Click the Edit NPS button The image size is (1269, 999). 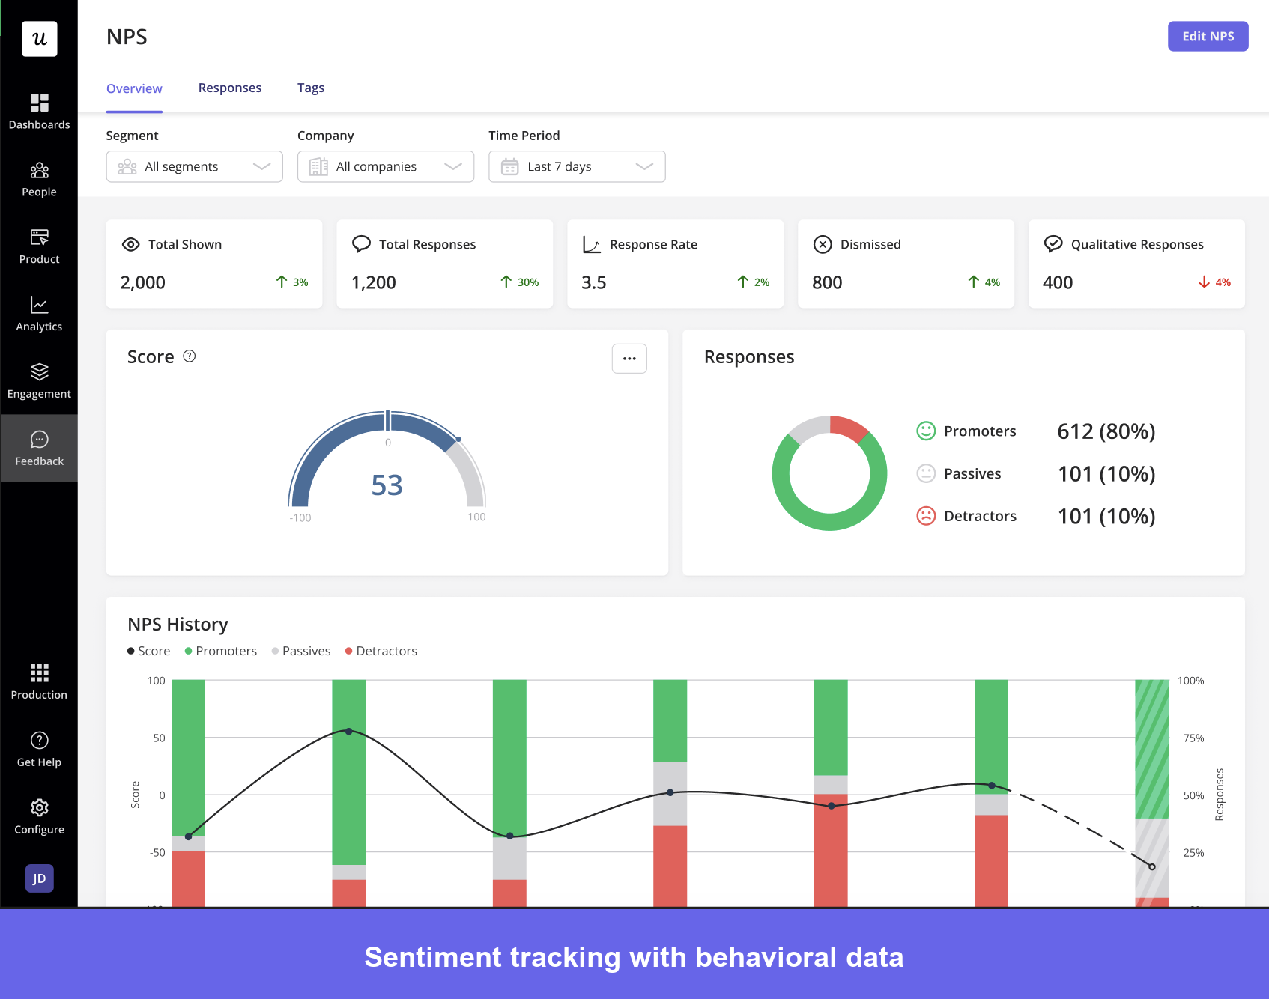pos(1208,36)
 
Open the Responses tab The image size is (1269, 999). pos(229,88)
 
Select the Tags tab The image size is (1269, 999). pos(310,88)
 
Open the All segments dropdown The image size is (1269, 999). pos(194,166)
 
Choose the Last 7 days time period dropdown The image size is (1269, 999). pos(576,166)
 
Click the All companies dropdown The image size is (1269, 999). pos(385,166)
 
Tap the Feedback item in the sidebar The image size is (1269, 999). pos(39,448)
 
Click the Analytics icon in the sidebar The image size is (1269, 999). pos(39,305)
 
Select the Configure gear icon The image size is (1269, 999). pos(39,807)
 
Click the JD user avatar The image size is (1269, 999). pos(39,878)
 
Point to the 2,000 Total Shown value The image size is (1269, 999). pos(142,282)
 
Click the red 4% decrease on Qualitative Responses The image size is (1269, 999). pos(1214,282)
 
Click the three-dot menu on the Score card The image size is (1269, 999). pos(629,359)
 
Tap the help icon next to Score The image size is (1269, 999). pos(190,356)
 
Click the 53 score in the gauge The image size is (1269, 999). pos(387,485)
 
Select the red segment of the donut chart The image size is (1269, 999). pos(849,428)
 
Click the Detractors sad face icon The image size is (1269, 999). pos(926,516)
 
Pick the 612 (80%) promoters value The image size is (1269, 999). pos(1106,431)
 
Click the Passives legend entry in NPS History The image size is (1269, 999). pos(301,651)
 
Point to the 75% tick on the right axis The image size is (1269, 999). pos(1193,738)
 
